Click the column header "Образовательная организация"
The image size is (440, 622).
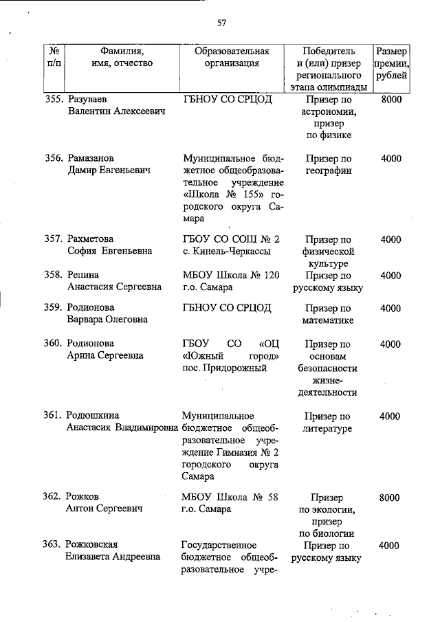(232, 57)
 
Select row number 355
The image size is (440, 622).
(54, 100)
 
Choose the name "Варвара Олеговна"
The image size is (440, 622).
(105, 320)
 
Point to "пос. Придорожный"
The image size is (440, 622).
(225, 368)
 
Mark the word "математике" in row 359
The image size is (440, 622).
(327, 320)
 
